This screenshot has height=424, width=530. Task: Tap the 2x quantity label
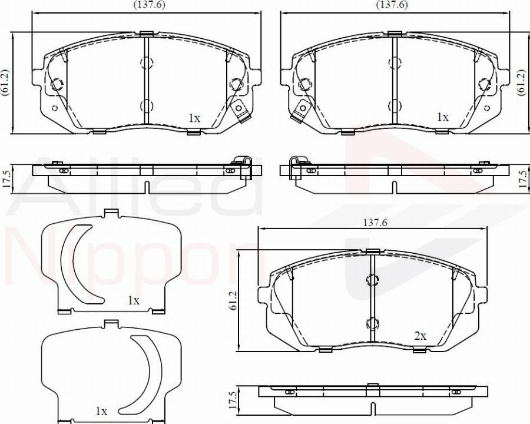click(x=420, y=336)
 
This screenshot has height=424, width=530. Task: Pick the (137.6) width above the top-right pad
click(x=392, y=5)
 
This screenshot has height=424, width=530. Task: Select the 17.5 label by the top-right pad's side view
click(x=521, y=179)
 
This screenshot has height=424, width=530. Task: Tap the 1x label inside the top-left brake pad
click(x=194, y=118)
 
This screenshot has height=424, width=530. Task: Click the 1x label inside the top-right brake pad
click(x=442, y=117)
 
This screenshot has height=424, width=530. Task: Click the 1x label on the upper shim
click(x=134, y=300)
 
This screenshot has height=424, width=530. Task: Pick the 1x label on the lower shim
click(x=101, y=410)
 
